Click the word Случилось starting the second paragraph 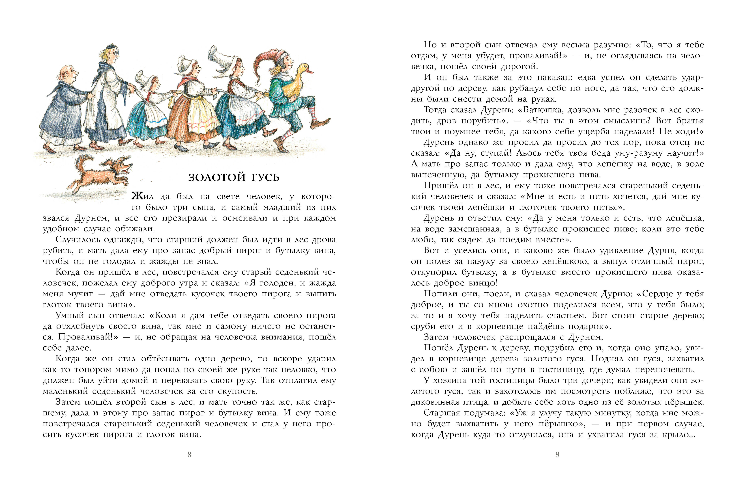78,240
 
